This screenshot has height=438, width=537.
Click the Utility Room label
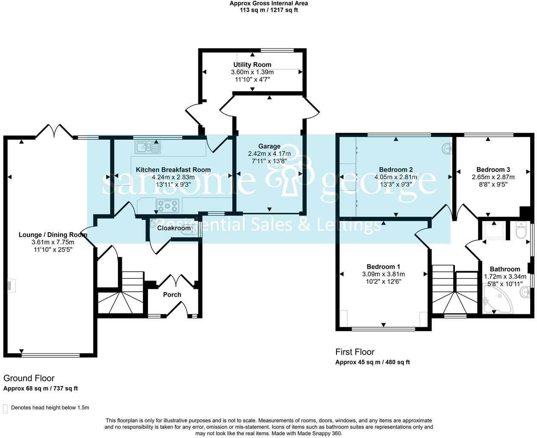252,65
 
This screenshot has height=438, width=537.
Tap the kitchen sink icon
148,147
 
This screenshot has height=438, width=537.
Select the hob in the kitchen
168,206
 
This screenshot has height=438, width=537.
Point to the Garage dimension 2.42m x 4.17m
269,154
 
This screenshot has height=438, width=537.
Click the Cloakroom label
174,228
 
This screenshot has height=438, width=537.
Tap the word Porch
172,295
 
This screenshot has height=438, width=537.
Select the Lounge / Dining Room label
53,235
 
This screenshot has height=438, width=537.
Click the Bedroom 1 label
383,266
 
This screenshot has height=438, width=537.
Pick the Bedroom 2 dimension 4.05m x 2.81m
395,177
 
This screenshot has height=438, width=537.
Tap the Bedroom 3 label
493,170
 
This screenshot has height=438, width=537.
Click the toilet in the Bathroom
521,230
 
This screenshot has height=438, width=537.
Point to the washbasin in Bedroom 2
447,148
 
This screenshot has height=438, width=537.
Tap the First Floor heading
355,352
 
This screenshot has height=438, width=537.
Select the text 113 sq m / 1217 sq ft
268,10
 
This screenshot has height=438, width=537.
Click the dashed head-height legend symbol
6,408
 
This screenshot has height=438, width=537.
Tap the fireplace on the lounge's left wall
11,286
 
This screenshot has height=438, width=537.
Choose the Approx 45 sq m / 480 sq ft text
372,362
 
